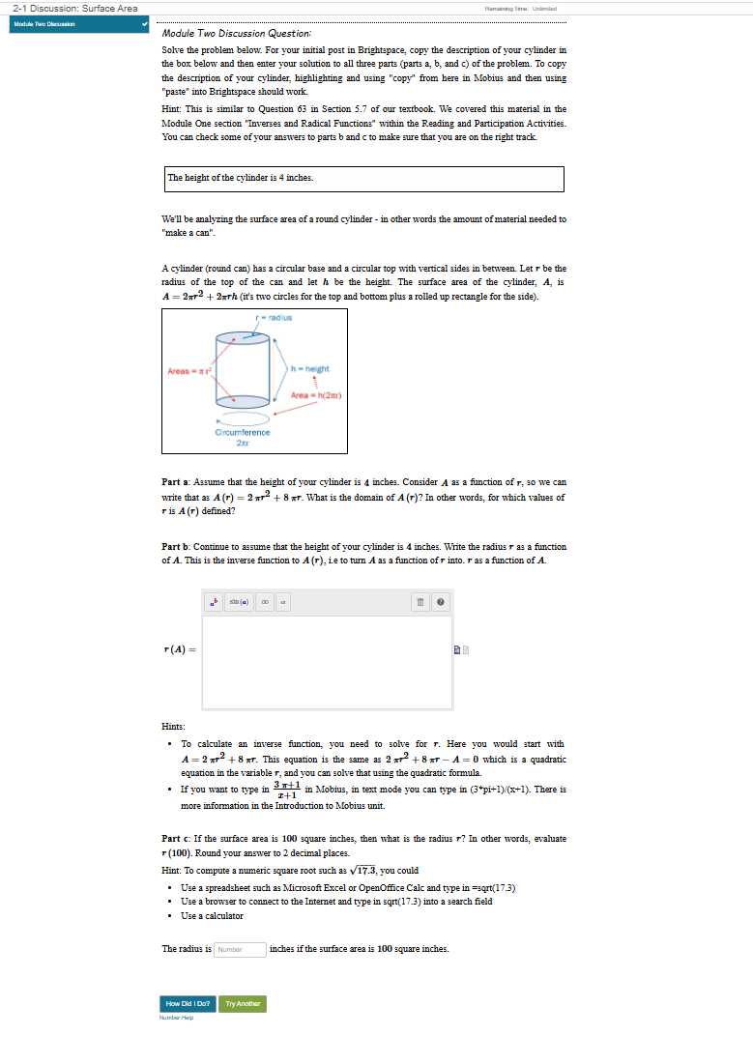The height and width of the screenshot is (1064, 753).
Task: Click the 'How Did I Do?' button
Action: (188, 1004)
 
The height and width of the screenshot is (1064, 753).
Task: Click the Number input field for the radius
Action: (240, 949)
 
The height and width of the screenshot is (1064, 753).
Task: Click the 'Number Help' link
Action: (177, 1018)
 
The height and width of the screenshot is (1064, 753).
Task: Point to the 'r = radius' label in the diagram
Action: (274, 317)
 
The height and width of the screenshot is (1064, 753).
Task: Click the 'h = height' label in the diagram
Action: (310, 368)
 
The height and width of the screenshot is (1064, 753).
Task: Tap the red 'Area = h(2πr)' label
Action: (316, 394)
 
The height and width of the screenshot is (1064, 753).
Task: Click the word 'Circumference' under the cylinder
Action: (242, 432)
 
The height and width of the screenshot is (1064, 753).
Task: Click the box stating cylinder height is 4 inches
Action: (363, 179)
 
